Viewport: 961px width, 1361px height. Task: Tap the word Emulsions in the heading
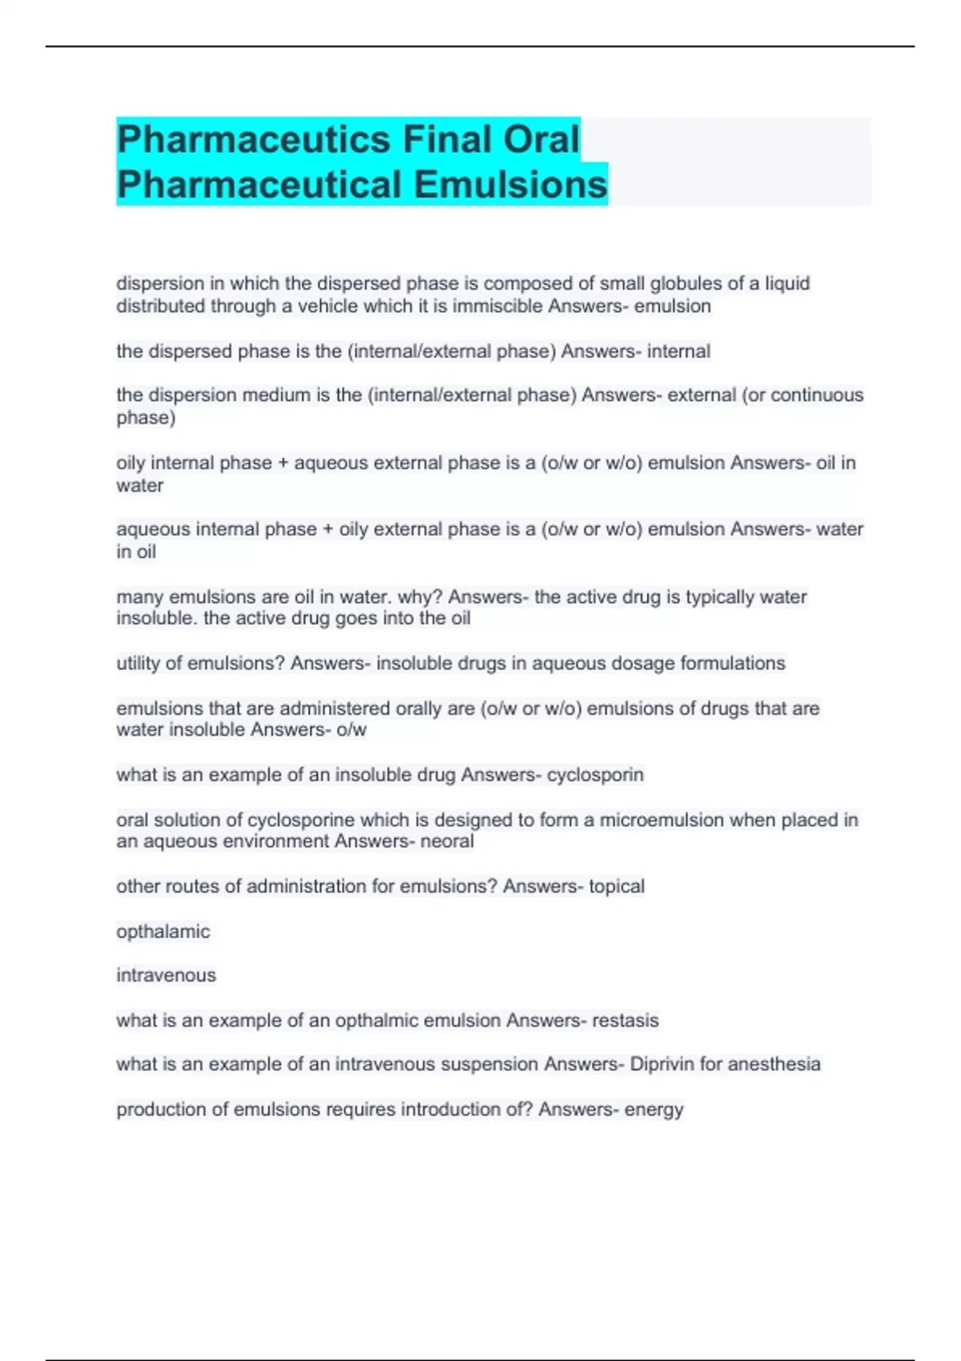[x=510, y=184]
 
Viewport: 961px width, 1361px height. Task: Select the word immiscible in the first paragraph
[x=498, y=306]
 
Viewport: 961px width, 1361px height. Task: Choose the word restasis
[x=625, y=1021]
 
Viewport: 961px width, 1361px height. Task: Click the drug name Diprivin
[x=661, y=1064]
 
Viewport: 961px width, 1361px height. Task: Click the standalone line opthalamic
[x=163, y=932]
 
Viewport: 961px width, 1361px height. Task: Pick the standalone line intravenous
[x=166, y=975]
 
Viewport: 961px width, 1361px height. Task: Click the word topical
[x=617, y=886]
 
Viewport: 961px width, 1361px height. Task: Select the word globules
[x=685, y=283]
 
